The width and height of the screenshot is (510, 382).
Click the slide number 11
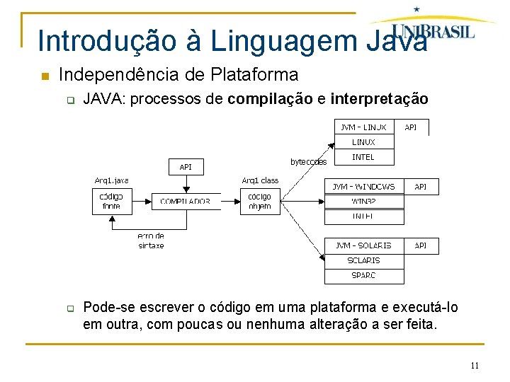coord(475,366)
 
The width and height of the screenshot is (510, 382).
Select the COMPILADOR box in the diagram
coord(185,202)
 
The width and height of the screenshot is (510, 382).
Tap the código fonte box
coord(111,202)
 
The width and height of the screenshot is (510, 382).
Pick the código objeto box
coord(260,202)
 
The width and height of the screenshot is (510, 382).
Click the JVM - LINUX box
coord(363,127)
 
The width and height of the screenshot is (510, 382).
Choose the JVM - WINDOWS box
coord(364,187)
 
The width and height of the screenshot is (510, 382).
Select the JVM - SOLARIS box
coord(364,245)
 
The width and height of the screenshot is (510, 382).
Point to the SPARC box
coord(363,275)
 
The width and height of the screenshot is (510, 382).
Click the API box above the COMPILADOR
coord(186,167)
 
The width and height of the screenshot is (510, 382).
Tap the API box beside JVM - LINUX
coord(411,127)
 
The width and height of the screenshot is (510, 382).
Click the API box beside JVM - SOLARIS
coord(421,245)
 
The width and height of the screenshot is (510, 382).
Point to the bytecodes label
coord(309,162)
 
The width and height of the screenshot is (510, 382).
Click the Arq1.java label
coord(112,180)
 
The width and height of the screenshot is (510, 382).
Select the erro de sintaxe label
coord(151,241)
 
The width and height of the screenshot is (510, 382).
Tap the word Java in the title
coord(398,41)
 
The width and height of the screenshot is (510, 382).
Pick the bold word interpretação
coord(379,99)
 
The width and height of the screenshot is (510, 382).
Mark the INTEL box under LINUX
coord(363,157)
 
